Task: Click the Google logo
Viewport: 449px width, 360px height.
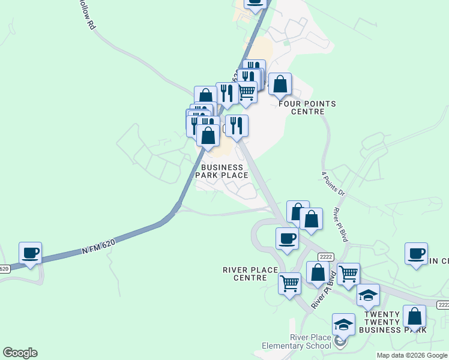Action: tap(20, 353)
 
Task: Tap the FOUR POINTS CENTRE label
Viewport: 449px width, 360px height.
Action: tap(307, 107)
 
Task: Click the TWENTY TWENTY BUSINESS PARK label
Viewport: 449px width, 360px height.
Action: tap(393, 322)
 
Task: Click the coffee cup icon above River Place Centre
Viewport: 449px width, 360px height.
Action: tap(287, 238)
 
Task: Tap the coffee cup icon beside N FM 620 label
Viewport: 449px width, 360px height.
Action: tap(30, 253)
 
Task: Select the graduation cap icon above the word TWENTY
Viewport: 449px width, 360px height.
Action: tap(368, 295)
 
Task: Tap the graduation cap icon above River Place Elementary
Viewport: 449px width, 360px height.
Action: tap(343, 324)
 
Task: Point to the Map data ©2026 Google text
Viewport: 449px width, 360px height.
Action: tap(412, 355)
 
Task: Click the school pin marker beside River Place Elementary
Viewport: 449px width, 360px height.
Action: tap(340, 343)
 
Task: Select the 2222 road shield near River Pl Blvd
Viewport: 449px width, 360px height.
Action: tap(326, 256)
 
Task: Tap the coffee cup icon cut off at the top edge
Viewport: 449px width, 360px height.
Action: tap(255, 3)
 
